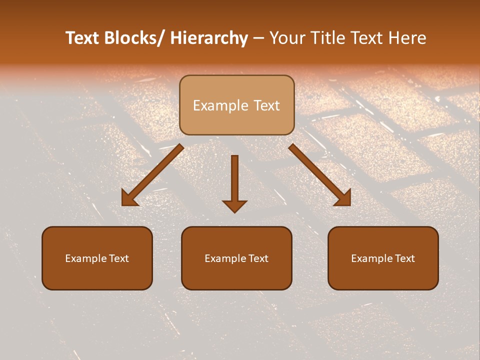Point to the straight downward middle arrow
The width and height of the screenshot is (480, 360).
[234, 180]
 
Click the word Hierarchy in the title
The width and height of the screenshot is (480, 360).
[209, 38]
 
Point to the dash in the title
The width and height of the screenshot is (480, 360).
[258, 38]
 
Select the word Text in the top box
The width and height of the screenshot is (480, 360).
[266, 105]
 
